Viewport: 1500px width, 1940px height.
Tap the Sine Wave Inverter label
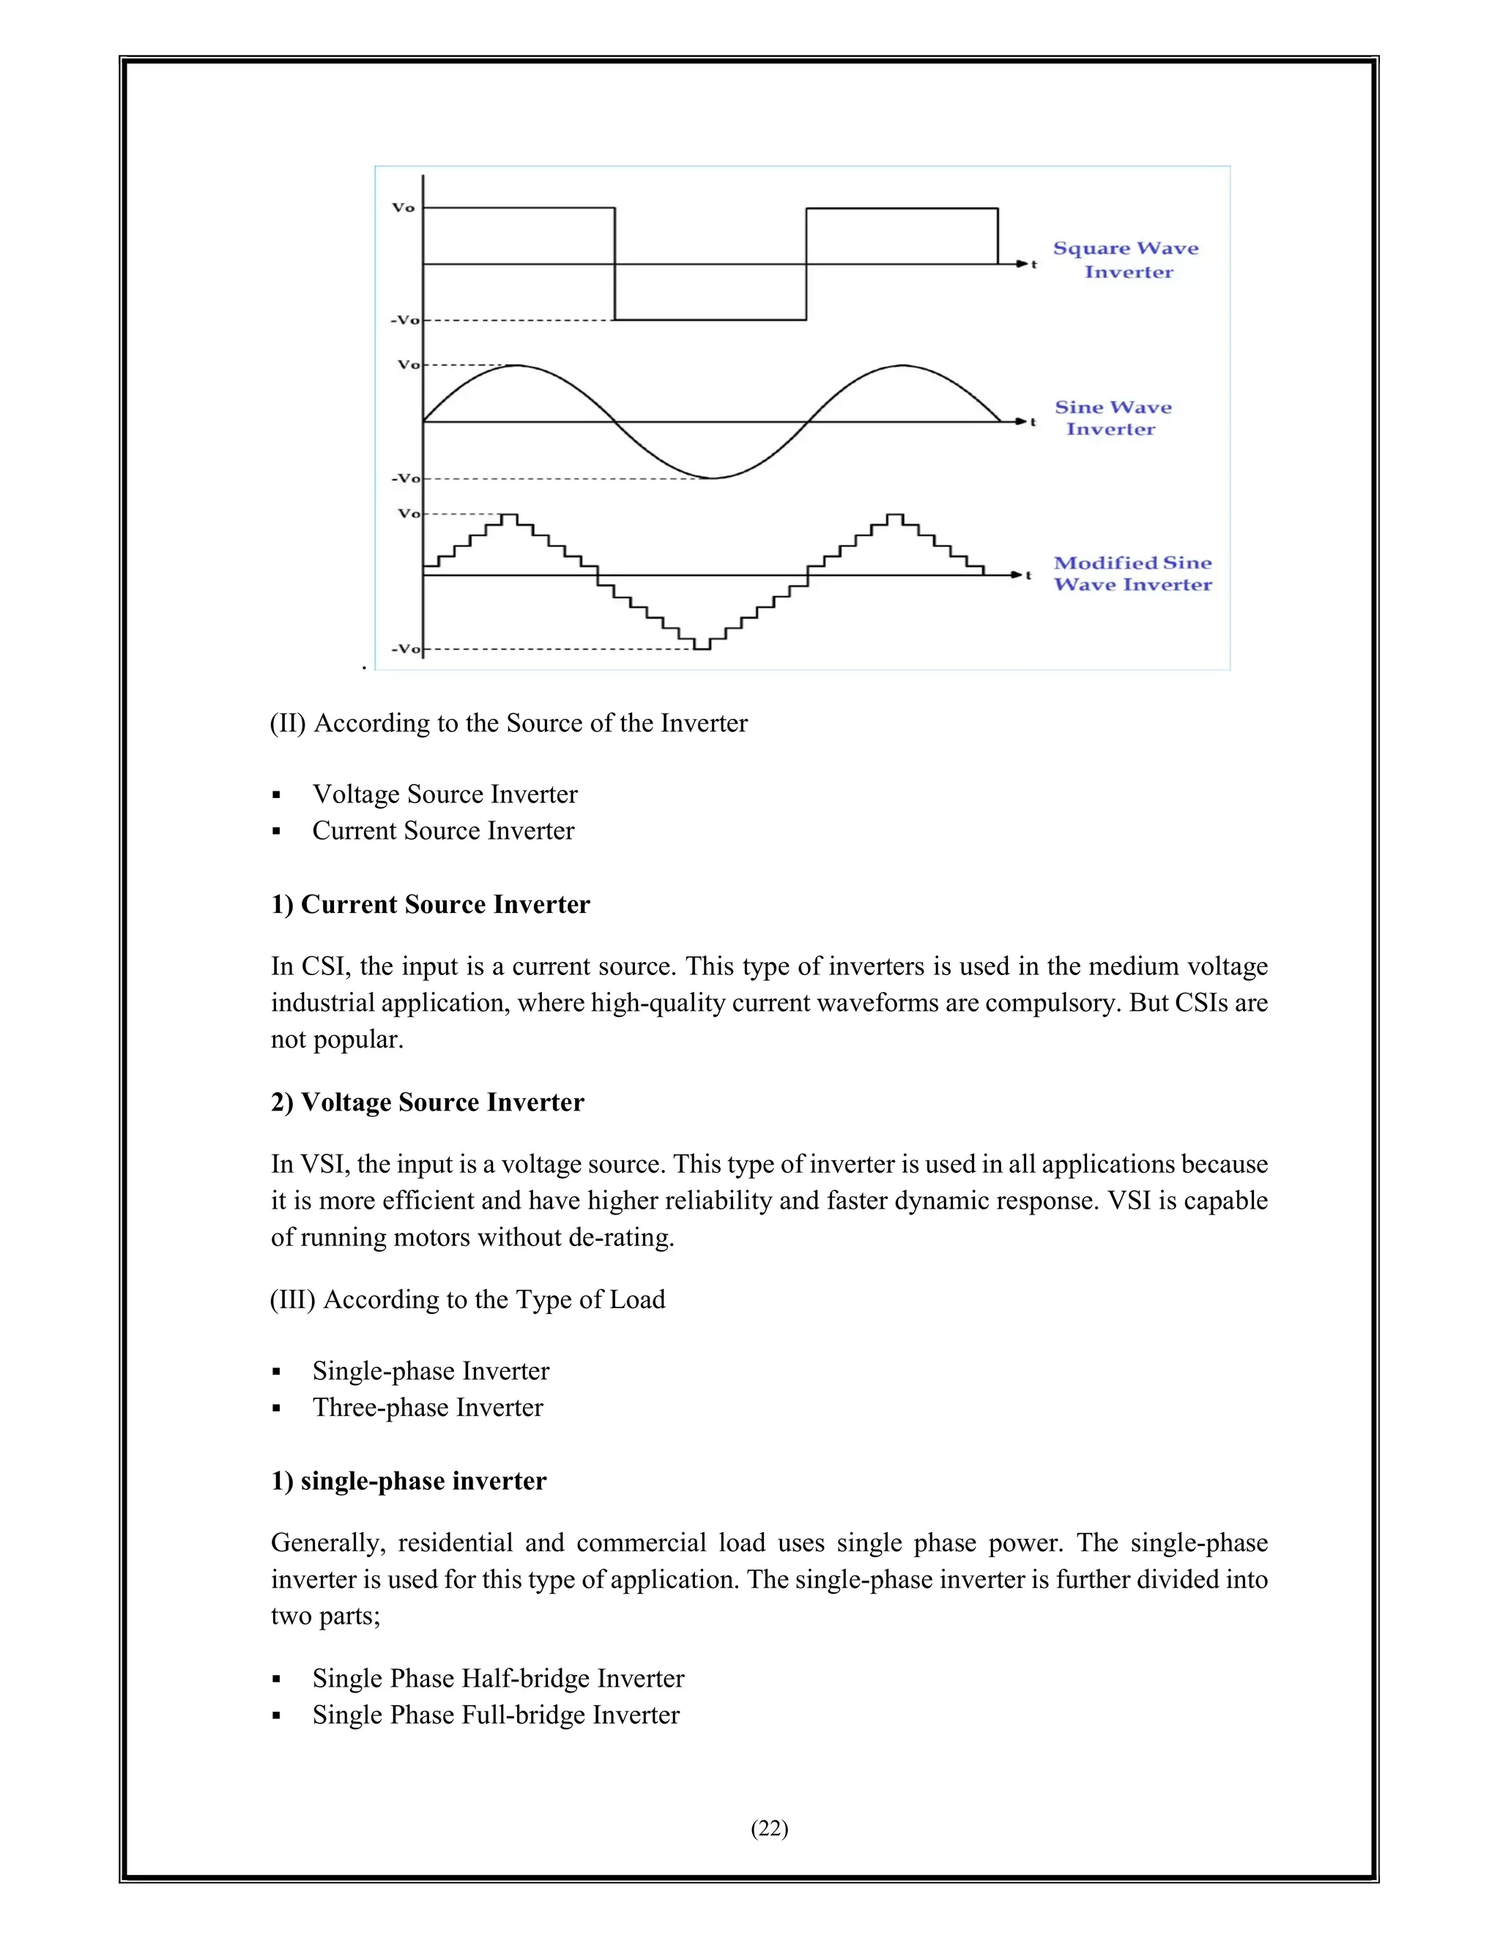1113,418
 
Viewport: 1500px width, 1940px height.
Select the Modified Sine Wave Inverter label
1132,574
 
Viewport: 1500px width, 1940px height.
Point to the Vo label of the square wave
404,208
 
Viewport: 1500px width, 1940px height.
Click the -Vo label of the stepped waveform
405,649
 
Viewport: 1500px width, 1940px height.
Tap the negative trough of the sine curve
711,478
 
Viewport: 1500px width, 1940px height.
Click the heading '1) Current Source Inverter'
430,904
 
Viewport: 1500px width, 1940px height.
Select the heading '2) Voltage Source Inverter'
428,1103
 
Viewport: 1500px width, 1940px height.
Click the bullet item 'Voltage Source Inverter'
445,794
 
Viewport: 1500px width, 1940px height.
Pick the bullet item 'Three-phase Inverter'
428,1408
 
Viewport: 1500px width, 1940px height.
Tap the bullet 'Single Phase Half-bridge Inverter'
497,1679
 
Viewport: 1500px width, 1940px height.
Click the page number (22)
770,1828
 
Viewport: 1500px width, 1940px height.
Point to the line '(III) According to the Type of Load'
467,1299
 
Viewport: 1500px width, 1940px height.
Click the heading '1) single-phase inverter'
409,1482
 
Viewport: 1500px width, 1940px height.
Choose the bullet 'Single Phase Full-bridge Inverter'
495,1715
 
